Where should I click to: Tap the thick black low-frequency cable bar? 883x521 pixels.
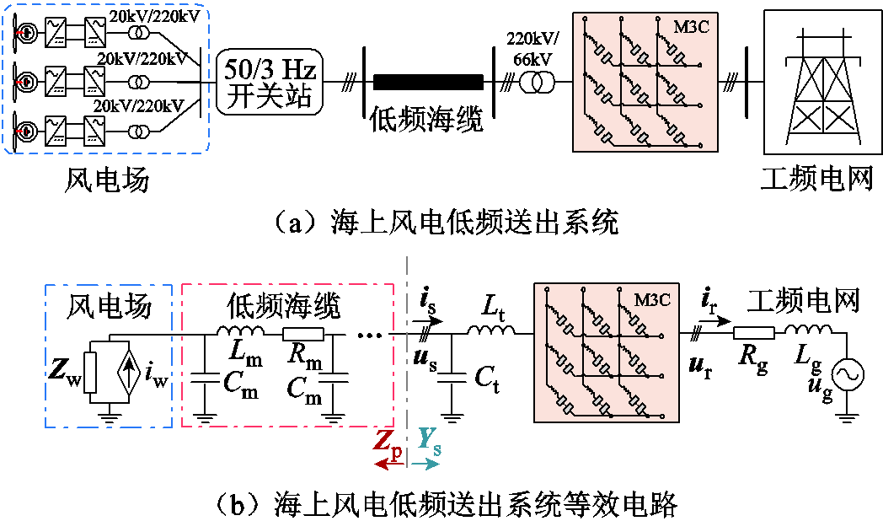428,82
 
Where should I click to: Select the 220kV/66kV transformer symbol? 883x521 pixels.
537,82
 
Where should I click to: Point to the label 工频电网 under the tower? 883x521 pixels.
816,180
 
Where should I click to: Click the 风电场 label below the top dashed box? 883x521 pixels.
107,180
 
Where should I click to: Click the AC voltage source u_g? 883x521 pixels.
846,373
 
